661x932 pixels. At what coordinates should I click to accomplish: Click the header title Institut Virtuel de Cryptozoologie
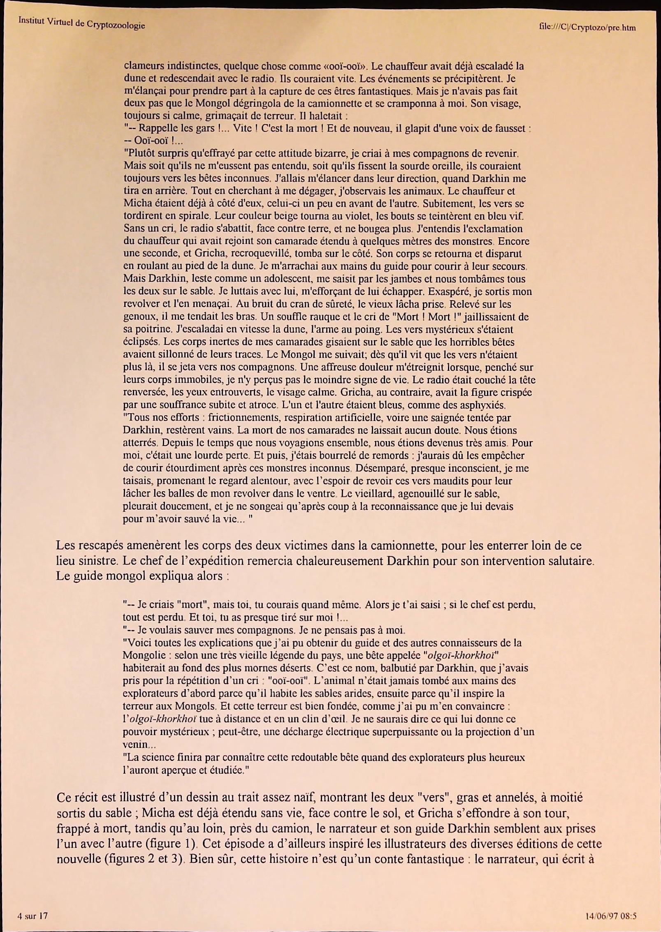(x=81, y=23)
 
